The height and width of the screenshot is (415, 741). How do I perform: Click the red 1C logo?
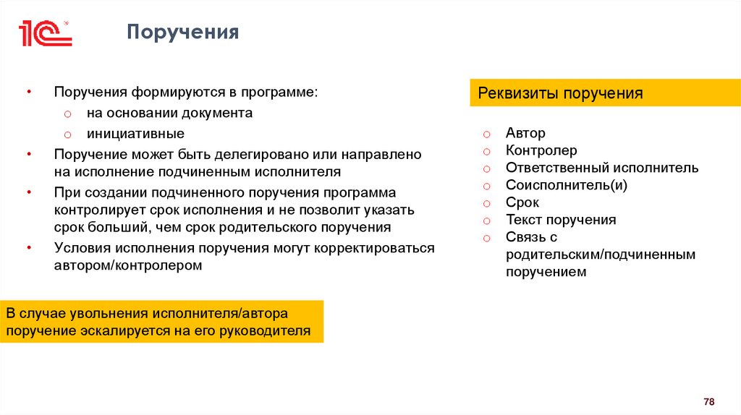point(45,33)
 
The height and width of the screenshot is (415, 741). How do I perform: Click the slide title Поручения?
point(182,33)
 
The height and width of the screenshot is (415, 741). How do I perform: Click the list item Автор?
point(526,133)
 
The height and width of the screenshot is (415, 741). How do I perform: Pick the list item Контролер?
point(541,150)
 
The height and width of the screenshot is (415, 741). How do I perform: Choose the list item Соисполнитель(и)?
point(567,185)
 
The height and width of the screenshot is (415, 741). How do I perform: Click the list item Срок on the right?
point(522,202)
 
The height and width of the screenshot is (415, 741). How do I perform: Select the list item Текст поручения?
point(561,220)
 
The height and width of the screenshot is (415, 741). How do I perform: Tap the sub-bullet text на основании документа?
point(169,114)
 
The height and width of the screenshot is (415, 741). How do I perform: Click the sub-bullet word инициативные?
point(135,134)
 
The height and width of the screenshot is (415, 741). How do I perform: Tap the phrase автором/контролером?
point(128,265)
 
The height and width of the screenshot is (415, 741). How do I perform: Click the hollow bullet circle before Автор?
point(488,134)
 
